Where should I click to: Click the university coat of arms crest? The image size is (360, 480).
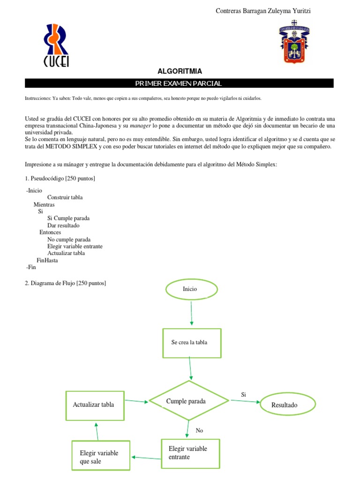[x=293, y=42]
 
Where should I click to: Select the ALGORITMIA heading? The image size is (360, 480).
[x=180, y=71]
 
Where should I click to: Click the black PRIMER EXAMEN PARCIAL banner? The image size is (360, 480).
[x=179, y=83]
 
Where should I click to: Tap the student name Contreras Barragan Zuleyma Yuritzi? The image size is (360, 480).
[x=262, y=11]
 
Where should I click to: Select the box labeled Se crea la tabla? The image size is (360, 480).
[x=191, y=342]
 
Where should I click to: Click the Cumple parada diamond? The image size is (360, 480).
[x=189, y=401]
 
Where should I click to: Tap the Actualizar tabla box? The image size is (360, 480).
[x=95, y=405]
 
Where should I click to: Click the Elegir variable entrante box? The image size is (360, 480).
[x=190, y=453]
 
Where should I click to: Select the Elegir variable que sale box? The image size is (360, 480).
[x=100, y=457]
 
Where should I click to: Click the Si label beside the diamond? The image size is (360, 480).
[x=243, y=395]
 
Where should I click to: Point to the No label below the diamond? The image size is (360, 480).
[x=199, y=430]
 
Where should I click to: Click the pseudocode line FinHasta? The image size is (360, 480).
[x=47, y=260]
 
